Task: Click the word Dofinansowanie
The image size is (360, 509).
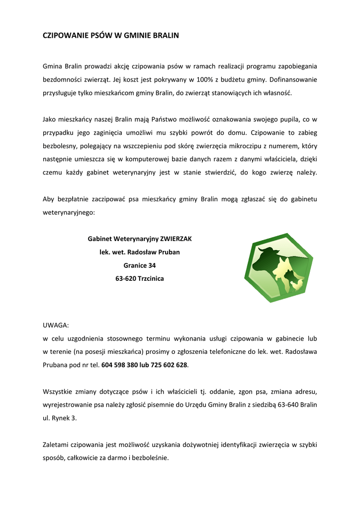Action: click(x=293, y=79)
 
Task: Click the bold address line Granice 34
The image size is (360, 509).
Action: click(x=140, y=265)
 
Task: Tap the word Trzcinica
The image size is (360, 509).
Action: click(x=151, y=279)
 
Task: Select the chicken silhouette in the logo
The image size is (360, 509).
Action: click(x=297, y=284)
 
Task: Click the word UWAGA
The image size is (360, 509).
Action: click(x=56, y=325)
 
